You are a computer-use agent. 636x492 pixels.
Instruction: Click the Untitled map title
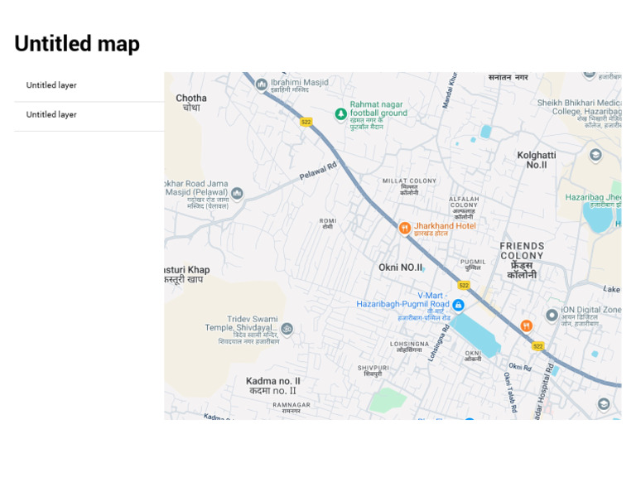point(77,44)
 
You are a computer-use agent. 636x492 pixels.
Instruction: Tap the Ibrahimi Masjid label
point(299,82)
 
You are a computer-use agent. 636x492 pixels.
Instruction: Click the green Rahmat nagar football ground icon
point(340,113)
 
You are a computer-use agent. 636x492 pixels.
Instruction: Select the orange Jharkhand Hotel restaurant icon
point(405,228)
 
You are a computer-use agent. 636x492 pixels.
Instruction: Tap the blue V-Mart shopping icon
point(458,305)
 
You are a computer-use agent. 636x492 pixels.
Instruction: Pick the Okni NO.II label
point(401,268)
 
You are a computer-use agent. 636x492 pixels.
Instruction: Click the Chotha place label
point(191,98)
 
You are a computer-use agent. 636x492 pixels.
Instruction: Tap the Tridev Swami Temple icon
point(287,329)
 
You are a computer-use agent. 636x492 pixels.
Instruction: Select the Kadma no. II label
point(273,382)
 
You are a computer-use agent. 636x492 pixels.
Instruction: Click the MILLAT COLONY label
point(409,181)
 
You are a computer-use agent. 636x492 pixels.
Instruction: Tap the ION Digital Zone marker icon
point(552,315)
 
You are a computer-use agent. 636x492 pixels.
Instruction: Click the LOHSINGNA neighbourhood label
point(410,343)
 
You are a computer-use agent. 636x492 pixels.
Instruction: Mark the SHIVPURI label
point(373,367)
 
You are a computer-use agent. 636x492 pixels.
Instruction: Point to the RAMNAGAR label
point(291,405)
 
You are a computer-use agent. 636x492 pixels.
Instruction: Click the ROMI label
point(328,220)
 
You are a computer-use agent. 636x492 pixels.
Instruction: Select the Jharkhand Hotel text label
point(445,225)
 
